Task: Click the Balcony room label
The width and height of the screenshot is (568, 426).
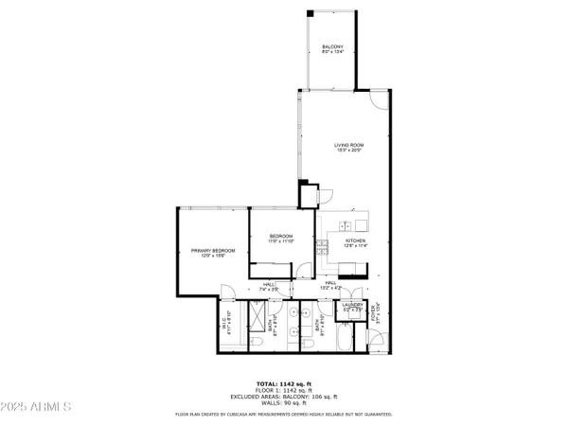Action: tap(331, 49)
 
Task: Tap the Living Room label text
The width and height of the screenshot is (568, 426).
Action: tap(348, 147)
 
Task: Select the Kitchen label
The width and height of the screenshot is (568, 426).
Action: tap(355, 243)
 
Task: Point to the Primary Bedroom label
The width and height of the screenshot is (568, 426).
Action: tap(212, 253)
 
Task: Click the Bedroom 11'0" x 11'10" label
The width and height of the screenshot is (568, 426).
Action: tap(281, 239)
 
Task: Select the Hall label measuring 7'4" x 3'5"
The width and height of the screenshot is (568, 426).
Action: tap(269, 286)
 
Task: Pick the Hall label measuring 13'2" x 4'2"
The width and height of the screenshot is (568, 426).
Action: tap(331, 285)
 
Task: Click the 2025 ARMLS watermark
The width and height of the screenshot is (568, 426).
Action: tap(38, 408)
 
